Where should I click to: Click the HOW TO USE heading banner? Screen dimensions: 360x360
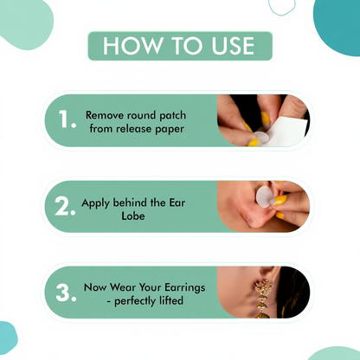180,46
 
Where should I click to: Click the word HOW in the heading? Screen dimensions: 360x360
127,46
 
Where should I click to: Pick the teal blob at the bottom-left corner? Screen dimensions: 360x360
7,338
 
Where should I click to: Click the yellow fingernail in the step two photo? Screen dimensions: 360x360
283,200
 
